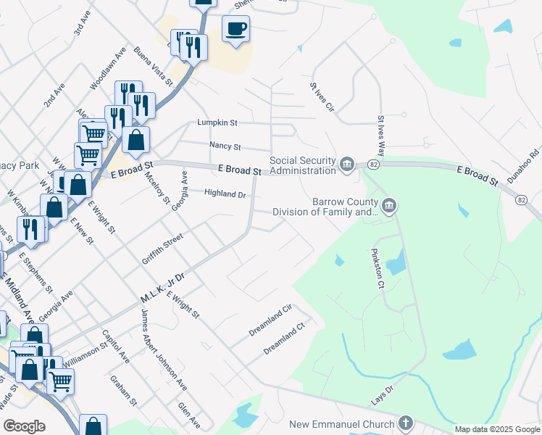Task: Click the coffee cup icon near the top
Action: tap(235, 29)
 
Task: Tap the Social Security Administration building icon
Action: tap(347, 165)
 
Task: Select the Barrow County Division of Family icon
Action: tap(389, 207)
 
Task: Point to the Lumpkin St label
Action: tap(217, 123)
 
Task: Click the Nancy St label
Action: tap(225, 146)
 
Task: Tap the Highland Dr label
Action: tap(225, 194)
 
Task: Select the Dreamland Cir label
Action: tap(270, 318)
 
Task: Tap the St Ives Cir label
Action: tap(322, 96)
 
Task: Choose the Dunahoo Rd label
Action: tap(524, 165)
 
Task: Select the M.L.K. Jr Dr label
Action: tap(163, 288)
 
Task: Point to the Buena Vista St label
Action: tap(153, 67)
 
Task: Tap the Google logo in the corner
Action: tap(24, 426)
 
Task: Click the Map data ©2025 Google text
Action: tap(497, 429)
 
